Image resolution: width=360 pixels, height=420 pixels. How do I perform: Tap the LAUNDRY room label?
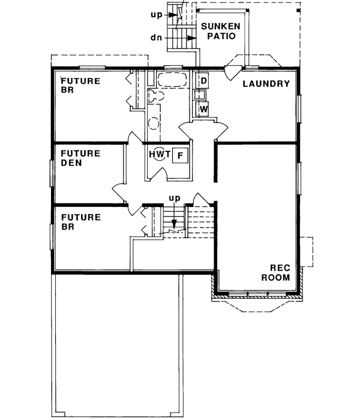(266, 83)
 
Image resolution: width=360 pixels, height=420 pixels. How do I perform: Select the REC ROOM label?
(280, 273)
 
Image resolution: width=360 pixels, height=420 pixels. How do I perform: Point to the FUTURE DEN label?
(80, 158)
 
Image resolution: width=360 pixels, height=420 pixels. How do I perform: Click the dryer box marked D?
(203, 80)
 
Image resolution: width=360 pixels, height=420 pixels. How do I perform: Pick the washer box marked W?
(203, 109)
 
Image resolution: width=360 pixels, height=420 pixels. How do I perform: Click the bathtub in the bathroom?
(173, 80)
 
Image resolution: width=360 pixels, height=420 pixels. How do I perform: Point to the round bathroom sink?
(154, 122)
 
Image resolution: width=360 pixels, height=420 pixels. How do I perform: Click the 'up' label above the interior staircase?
(174, 197)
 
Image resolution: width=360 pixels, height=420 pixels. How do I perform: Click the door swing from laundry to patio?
(229, 71)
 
